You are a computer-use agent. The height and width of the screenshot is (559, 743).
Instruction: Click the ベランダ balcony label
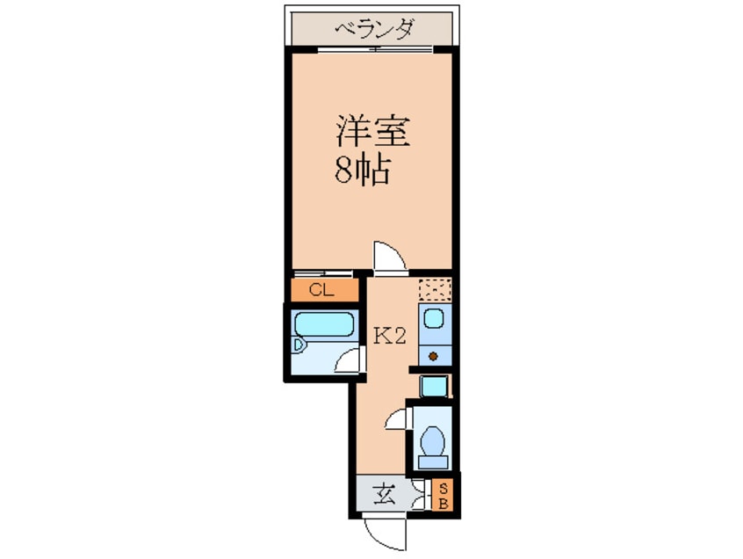tap(373, 30)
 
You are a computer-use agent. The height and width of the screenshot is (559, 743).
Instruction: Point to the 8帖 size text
tap(361, 171)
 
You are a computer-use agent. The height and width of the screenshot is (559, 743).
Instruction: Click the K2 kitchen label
tap(389, 335)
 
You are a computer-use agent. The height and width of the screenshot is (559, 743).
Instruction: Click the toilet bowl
tap(432, 438)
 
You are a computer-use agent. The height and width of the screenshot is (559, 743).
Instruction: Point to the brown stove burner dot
tap(433, 356)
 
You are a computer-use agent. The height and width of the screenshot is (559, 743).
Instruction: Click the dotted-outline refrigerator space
tap(433, 289)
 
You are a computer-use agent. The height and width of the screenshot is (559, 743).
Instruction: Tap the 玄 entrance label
tap(386, 495)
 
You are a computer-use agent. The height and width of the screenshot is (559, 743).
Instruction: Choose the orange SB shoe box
tap(444, 496)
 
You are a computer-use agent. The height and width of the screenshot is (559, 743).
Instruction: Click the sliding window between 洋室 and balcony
tap(373, 50)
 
